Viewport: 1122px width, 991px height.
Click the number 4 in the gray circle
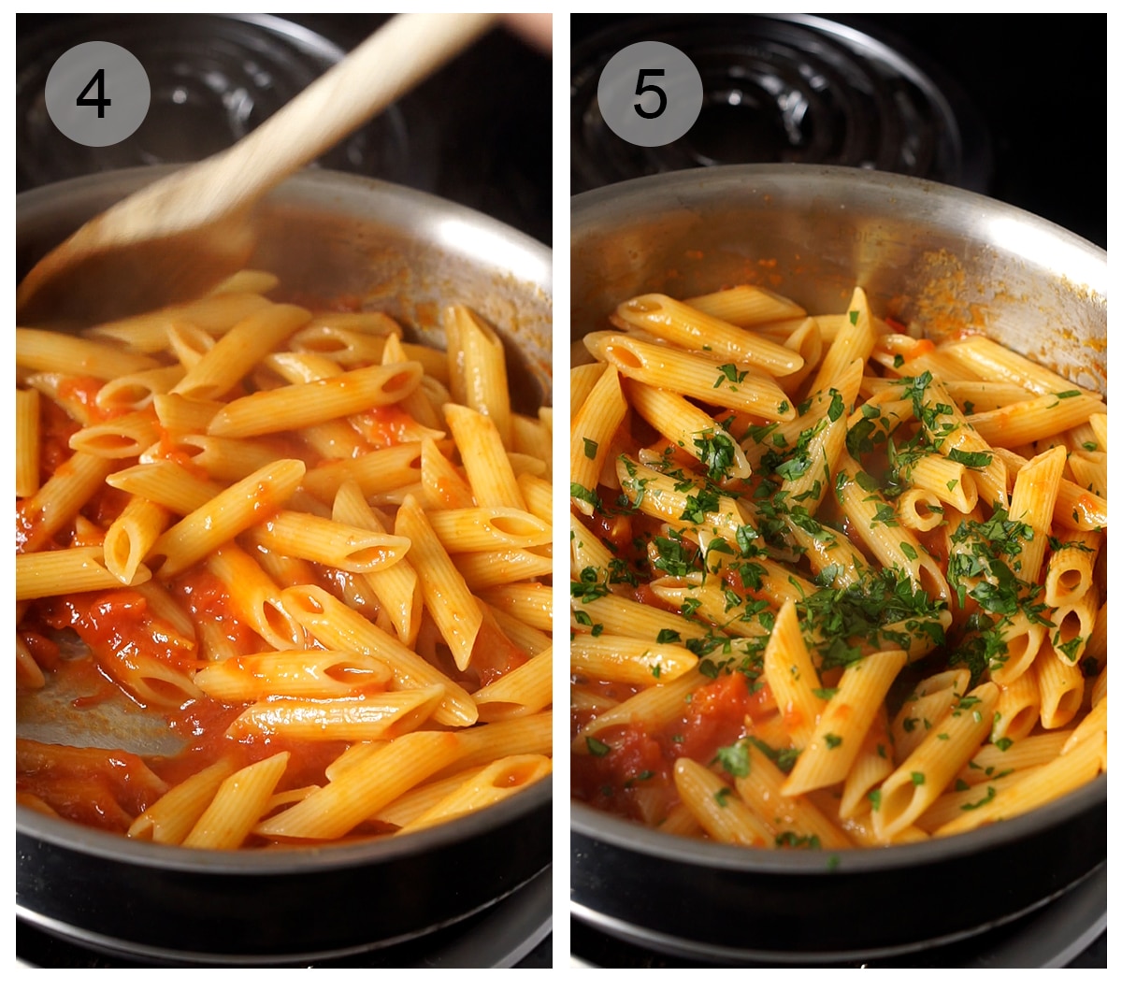(94, 93)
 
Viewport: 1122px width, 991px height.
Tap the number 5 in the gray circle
(650, 93)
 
